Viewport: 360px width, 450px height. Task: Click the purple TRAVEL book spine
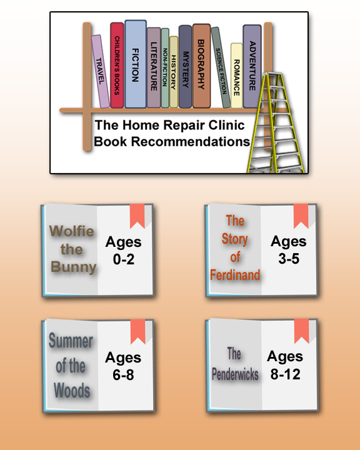pos(101,71)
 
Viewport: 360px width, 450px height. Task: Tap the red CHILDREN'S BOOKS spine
pos(117,65)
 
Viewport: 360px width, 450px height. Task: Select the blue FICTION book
pos(136,64)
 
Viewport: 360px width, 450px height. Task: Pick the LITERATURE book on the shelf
pos(154,67)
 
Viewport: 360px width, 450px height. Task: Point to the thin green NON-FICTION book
pos(165,68)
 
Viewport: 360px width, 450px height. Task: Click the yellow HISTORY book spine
pos(174,72)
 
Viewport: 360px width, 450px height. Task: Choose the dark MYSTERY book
pos(185,67)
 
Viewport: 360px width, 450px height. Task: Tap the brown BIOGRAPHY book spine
pos(201,66)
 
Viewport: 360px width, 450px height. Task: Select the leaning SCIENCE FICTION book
pos(221,67)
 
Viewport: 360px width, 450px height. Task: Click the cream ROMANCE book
pos(236,76)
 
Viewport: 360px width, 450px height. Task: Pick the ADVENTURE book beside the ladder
pos(252,66)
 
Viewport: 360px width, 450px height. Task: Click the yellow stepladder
pos(275,122)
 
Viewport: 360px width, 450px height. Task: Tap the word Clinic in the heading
pos(226,125)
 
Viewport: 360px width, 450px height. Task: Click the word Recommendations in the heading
pos(191,141)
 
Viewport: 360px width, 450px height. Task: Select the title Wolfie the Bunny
pos(72,249)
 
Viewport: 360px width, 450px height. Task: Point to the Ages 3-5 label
pos(289,249)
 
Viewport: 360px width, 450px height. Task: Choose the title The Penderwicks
pos(235,364)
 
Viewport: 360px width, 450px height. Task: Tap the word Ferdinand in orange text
pos(235,275)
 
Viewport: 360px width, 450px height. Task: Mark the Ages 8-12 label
pos(285,365)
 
